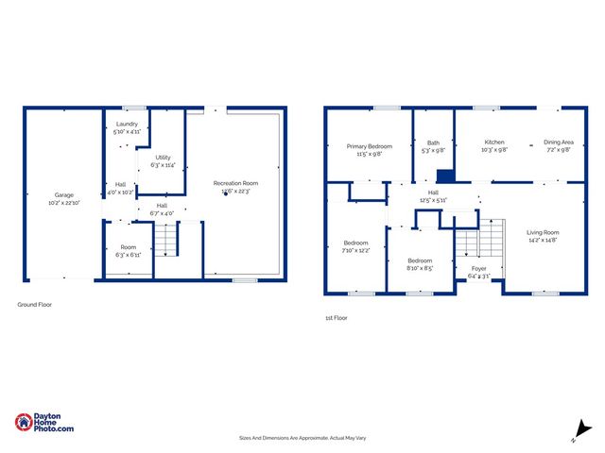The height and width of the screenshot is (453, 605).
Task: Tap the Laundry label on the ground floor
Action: [x=127, y=125]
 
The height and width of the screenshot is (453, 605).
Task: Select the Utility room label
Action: [x=164, y=158]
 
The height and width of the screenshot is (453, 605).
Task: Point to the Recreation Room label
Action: [x=236, y=183]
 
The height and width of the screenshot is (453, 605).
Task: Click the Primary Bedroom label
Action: [x=369, y=146]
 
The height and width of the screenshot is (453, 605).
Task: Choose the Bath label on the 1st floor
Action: [x=433, y=143]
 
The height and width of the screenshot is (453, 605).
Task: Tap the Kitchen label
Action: [x=495, y=143]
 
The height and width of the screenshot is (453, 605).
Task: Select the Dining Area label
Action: [x=558, y=143]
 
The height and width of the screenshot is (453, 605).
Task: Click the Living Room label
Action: [x=543, y=232]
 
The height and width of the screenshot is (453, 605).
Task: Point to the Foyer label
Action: [x=479, y=269]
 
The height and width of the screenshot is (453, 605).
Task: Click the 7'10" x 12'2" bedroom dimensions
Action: [x=355, y=250]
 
